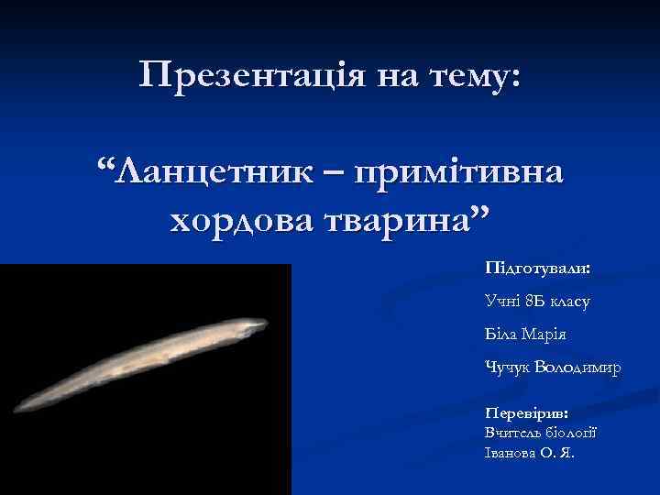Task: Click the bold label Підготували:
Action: (539, 270)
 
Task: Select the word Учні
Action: (502, 300)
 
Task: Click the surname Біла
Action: (502, 333)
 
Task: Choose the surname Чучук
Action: (508, 367)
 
